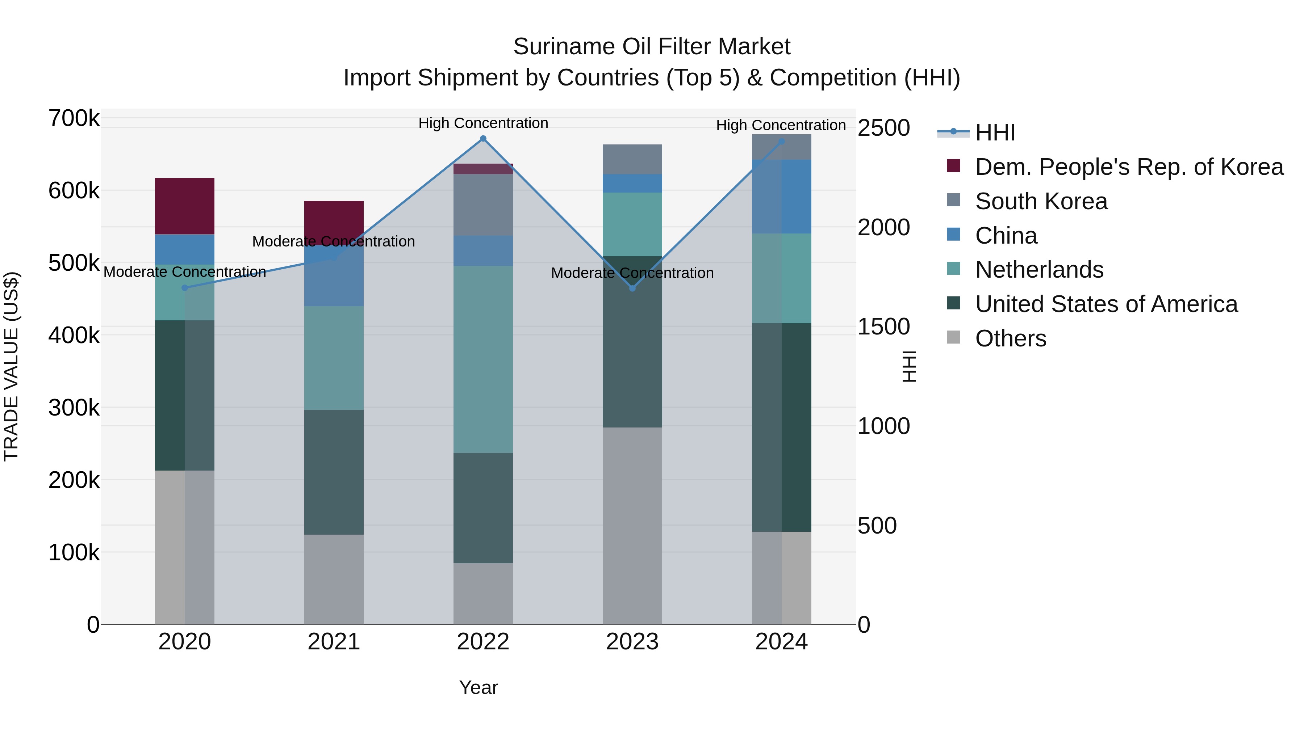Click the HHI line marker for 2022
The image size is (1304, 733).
pyautogui.click(x=483, y=139)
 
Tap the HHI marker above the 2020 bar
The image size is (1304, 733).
pyautogui.click(x=185, y=288)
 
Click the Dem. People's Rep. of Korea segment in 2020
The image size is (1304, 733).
pyautogui.click(x=185, y=206)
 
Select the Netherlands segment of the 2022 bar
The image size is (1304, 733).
pyautogui.click(x=483, y=359)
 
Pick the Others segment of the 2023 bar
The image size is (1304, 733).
pyautogui.click(x=632, y=526)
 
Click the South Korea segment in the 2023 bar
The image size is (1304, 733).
pyautogui.click(x=632, y=159)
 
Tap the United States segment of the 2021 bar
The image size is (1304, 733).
pyautogui.click(x=334, y=472)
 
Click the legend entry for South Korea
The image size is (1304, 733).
pyautogui.click(x=1041, y=201)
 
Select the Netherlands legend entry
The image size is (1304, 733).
pyautogui.click(x=1039, y=270)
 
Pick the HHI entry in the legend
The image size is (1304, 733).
pyautogui.click(x=995, y=132)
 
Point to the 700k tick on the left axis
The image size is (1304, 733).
pyautogui.click(x=74, y=118)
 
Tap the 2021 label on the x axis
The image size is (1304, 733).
pyautogui.click(x=334, y=642)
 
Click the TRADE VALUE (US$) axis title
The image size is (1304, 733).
pyautogui.click(x=12, y=367)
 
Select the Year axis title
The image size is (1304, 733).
pyautogui.click(x=478, y=687)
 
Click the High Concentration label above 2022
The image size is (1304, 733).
pyautogui.click(x=483, y=123)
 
